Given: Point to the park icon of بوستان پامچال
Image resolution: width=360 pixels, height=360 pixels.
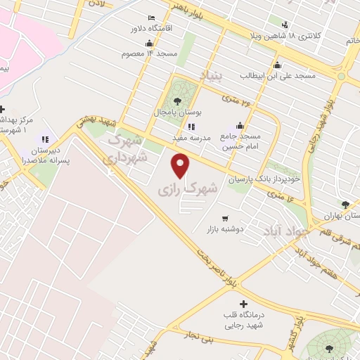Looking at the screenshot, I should click(x=176, y=101).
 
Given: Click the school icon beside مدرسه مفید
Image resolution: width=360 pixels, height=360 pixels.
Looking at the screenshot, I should click(x=191, y=127).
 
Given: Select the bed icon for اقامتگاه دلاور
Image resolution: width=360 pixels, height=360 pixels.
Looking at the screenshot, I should click(x=151, y=17).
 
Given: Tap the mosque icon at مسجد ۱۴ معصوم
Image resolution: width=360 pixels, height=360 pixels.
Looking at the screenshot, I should click(x=148, y=42).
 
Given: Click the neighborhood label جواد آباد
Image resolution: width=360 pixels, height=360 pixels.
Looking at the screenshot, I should click(x=280, y=231).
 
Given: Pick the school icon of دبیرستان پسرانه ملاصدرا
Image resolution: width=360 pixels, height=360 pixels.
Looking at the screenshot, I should click(x=45, y=139).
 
